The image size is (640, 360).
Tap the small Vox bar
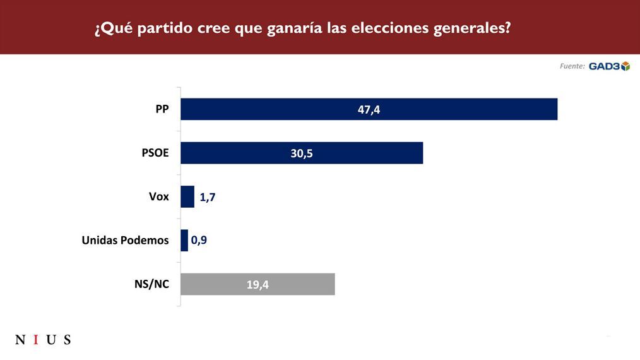pos(187,197)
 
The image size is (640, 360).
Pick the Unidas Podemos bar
pos(184,241)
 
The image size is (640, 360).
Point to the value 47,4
pos(369,109)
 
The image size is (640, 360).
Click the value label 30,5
pos(302,153)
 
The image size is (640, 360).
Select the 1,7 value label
pos(208,197)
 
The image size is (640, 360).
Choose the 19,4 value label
pos(258,285)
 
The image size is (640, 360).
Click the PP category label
pos(162,109)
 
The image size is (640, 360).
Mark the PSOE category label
pos(155,153)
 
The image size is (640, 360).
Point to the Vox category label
pos(158,197)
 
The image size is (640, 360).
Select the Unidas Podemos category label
pos(126,241)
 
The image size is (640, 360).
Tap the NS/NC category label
pos(151,284)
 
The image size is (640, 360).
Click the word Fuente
pos(572,66)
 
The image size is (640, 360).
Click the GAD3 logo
pos(609,66)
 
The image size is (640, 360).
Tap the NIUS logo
pos(43,340)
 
